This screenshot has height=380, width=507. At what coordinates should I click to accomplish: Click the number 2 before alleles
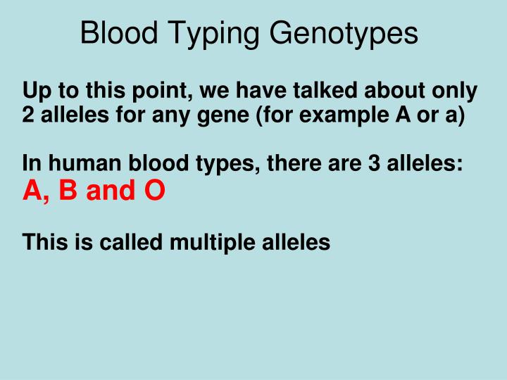27,115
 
